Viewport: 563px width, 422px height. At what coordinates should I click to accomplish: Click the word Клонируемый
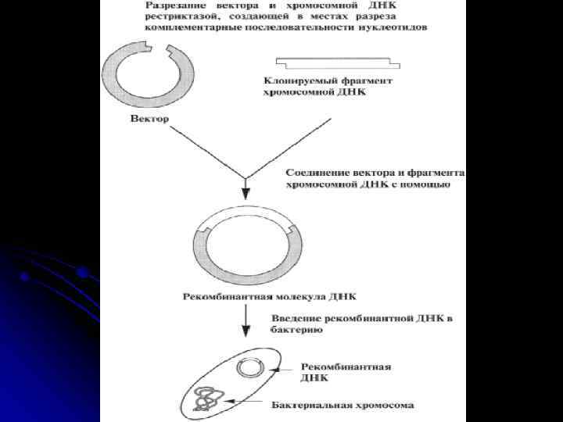pyautogui.click(x=295, y=81)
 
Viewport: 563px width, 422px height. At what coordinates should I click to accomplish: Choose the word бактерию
pyautogui.click(x=296, y=330)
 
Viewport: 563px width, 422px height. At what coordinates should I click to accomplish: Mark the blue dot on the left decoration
pyautogui.click(x=81, y=272)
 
